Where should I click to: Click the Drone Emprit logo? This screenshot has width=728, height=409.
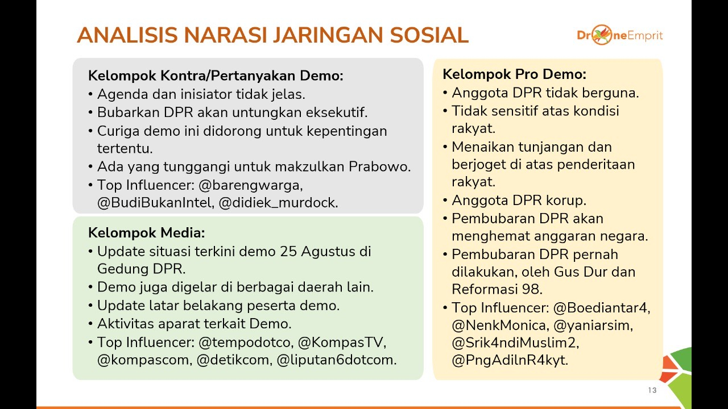620,35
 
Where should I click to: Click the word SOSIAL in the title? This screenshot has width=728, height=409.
429,35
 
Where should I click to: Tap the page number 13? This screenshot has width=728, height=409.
652,390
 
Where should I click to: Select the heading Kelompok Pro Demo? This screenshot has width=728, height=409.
515,74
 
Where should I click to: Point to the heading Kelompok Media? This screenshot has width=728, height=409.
147,233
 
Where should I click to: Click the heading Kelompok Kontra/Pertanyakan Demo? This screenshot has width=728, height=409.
216,76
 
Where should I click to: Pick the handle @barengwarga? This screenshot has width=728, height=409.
251,185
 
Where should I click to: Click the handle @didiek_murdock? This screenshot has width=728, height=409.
279,203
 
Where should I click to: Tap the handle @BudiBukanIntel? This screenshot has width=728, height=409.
156,203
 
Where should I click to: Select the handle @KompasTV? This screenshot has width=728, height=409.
342,343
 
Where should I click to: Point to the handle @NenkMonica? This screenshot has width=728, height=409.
500,325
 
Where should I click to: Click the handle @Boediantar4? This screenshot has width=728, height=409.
602,308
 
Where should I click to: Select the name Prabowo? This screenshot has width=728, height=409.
380,166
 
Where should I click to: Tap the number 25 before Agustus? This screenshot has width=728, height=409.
288,252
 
